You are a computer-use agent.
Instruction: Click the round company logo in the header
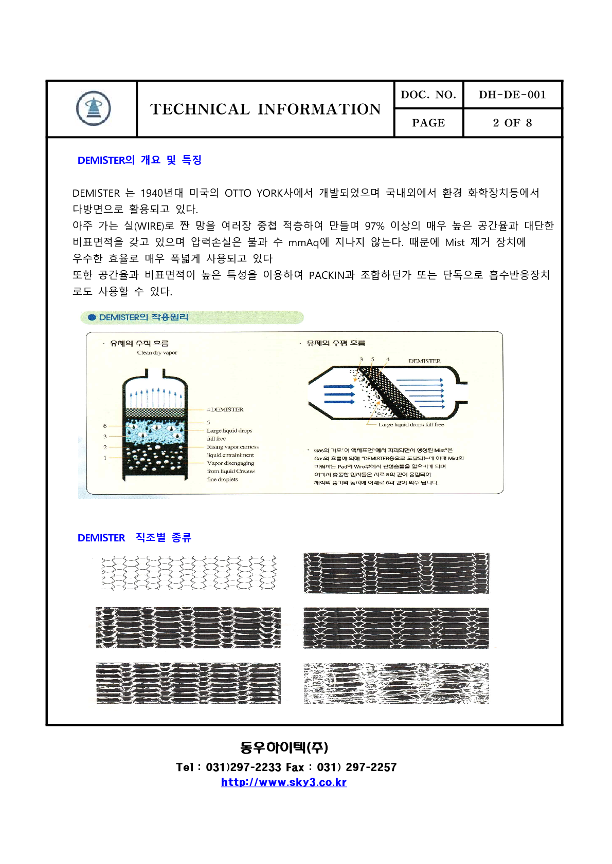click(93, 108)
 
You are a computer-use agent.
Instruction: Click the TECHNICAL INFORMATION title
click(265, 109)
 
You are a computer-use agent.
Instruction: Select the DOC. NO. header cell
click(428, 95)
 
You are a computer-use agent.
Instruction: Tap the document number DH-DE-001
click(512, 95)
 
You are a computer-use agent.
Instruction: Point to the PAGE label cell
click(428, 123)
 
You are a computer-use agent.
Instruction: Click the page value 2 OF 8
click(512, 123)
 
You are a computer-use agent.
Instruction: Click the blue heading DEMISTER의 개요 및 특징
click(139, 160)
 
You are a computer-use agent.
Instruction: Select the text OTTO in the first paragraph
click(238, 193)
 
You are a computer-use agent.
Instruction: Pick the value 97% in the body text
click(374, 226)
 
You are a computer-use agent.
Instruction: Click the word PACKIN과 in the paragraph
click(332, 275)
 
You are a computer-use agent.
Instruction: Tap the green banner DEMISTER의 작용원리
click(143, 317)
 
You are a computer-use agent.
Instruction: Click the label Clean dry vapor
click(157, 353)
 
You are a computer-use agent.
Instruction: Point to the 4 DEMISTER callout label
click(225, 409)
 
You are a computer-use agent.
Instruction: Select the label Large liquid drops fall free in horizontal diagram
click(411, 425)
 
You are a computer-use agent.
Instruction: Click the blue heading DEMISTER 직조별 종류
click(134, 538)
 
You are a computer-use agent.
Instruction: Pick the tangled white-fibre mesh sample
click(396, 683)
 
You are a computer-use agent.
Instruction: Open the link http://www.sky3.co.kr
click(283, 782)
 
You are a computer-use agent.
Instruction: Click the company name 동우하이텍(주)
click(283, 747)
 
